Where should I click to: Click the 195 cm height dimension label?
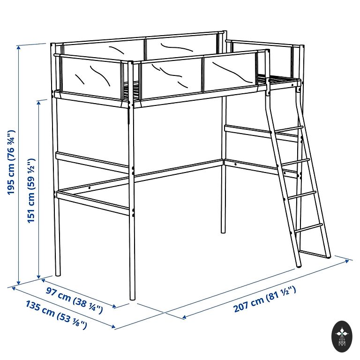[11, 162]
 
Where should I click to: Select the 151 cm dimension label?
[31, 190]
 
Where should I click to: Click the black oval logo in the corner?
[342, 337]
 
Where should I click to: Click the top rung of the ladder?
[289, 129]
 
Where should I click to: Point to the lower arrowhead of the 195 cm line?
[19, 283]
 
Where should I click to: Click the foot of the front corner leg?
[133, 298]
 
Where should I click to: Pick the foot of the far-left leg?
[58, 274]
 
